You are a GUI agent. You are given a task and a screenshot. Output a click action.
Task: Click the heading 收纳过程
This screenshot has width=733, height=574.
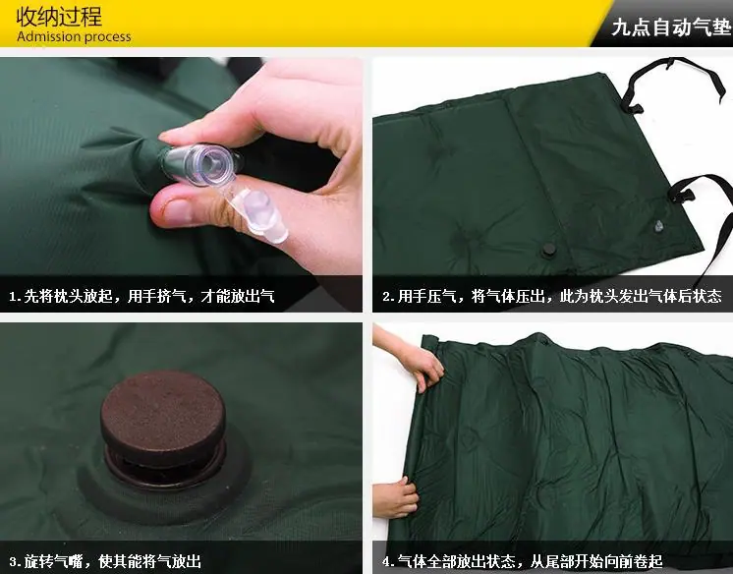point(59,18)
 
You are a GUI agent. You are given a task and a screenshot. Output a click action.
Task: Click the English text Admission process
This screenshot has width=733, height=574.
point(74,37)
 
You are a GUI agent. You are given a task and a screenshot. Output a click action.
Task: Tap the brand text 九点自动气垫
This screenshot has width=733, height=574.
point(671,28)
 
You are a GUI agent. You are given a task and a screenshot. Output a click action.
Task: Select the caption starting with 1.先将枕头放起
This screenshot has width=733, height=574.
point(141,296)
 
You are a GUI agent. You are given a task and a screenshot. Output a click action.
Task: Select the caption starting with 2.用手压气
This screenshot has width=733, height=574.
point(552,296)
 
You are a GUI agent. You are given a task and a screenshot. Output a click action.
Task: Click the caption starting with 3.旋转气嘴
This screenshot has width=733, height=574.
point(105,561)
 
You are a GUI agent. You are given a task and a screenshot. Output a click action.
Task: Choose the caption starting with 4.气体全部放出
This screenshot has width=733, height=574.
point(522,561)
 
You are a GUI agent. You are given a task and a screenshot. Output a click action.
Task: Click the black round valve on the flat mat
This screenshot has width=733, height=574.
point(549,251)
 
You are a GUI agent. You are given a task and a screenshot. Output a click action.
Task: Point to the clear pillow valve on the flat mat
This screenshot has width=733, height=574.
point(659,226)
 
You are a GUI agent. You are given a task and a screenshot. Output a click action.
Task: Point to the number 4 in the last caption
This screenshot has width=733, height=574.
point(386,561)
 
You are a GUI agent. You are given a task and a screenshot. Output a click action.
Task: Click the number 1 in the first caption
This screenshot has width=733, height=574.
point(13,297)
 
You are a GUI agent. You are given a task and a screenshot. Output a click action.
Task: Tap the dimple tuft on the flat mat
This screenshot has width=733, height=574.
point(469,240)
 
